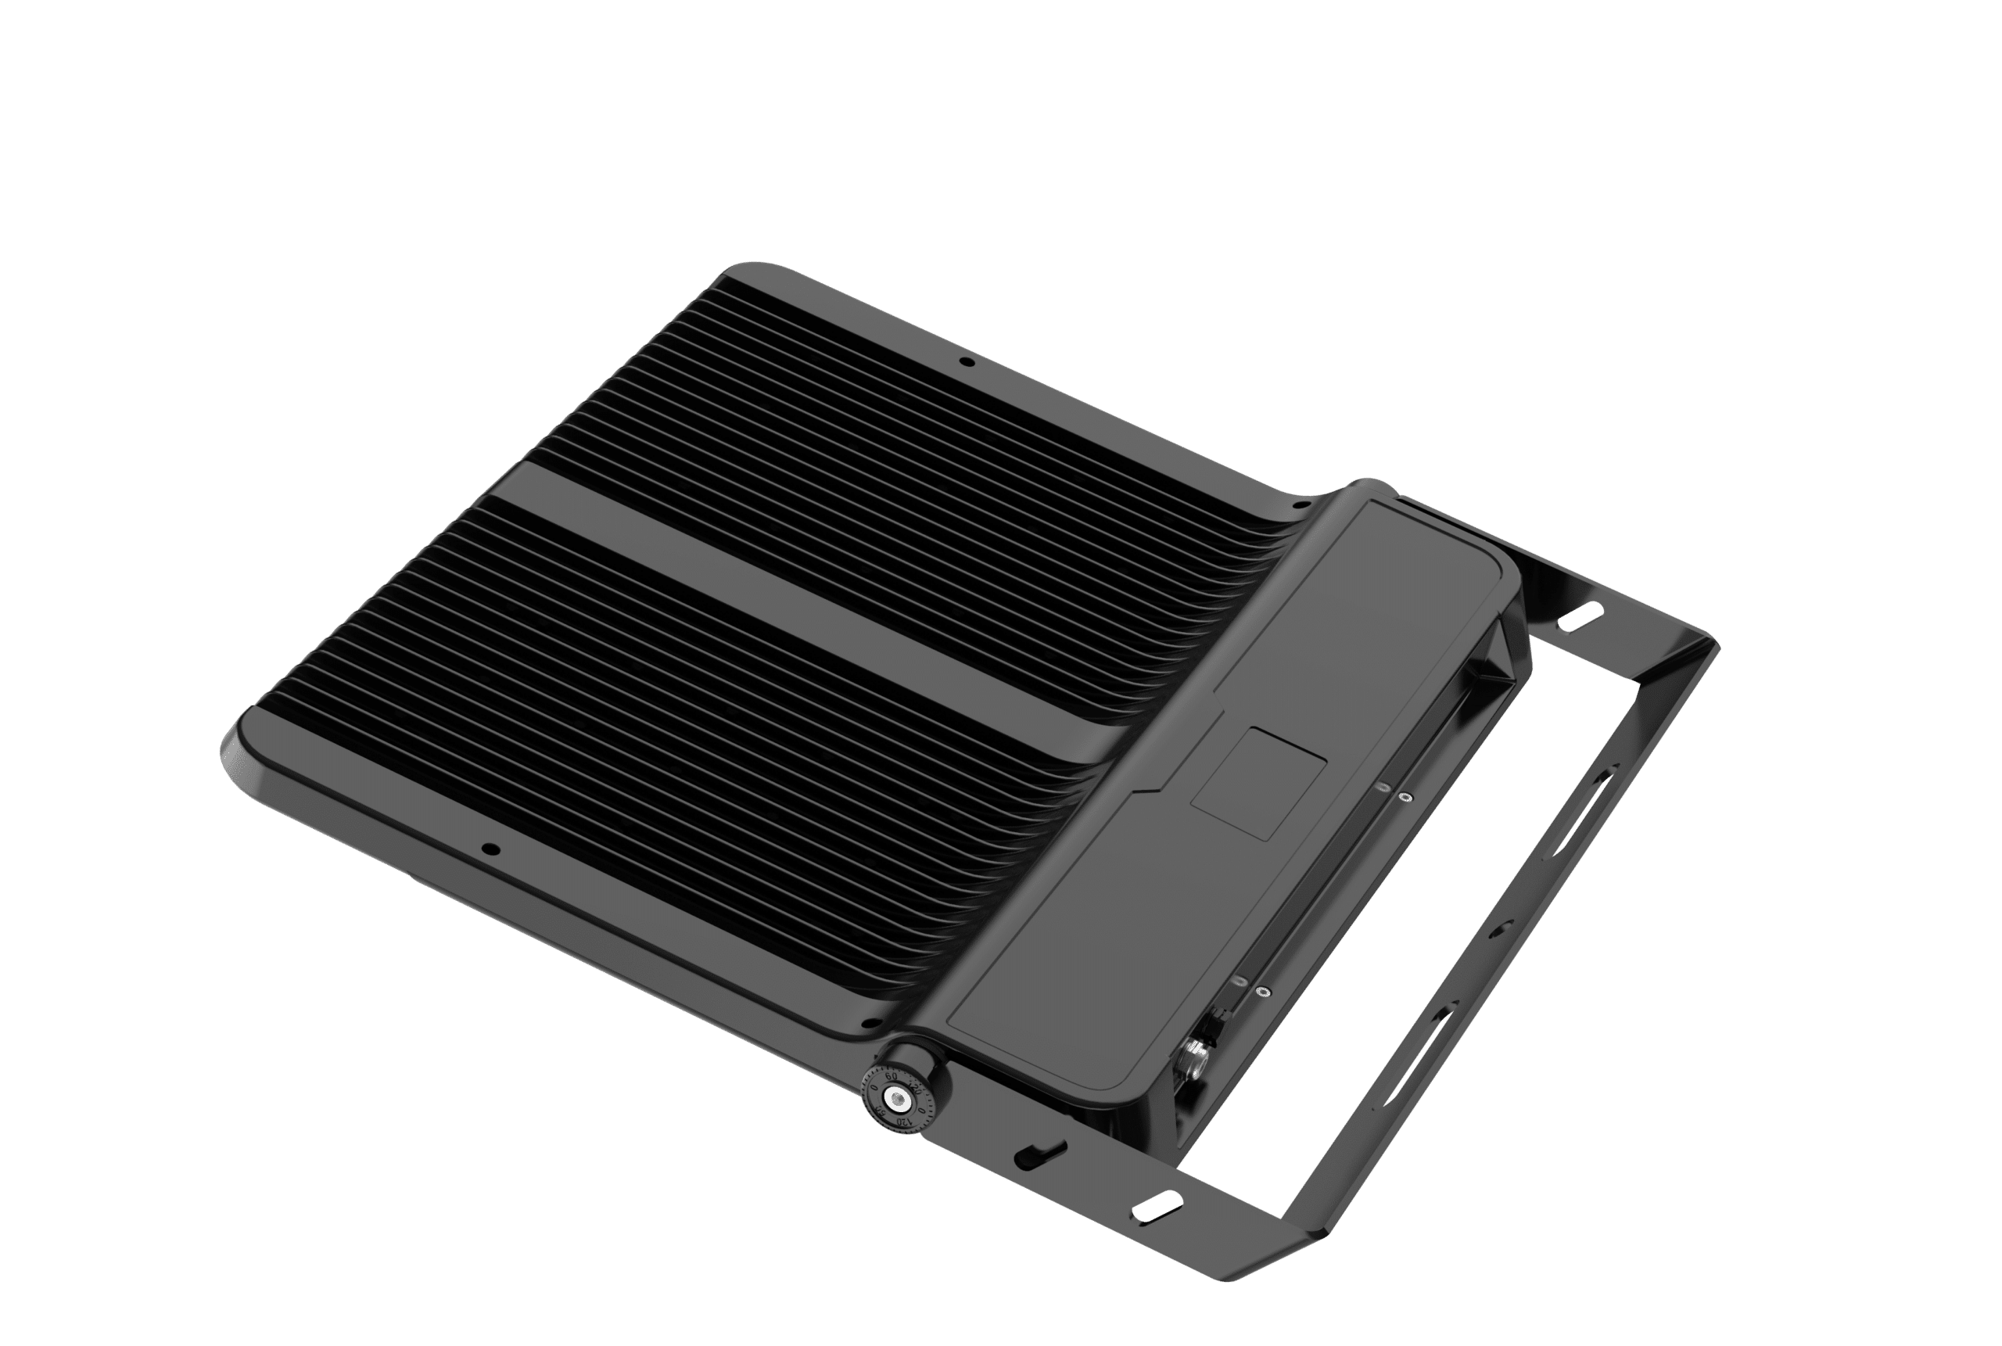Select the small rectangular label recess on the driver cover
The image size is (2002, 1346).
pos(1259,781)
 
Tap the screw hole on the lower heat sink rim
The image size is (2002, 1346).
pos(490,850)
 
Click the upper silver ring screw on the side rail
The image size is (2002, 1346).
pos(1404,797)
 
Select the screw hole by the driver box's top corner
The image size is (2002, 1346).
pos(1299,507)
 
